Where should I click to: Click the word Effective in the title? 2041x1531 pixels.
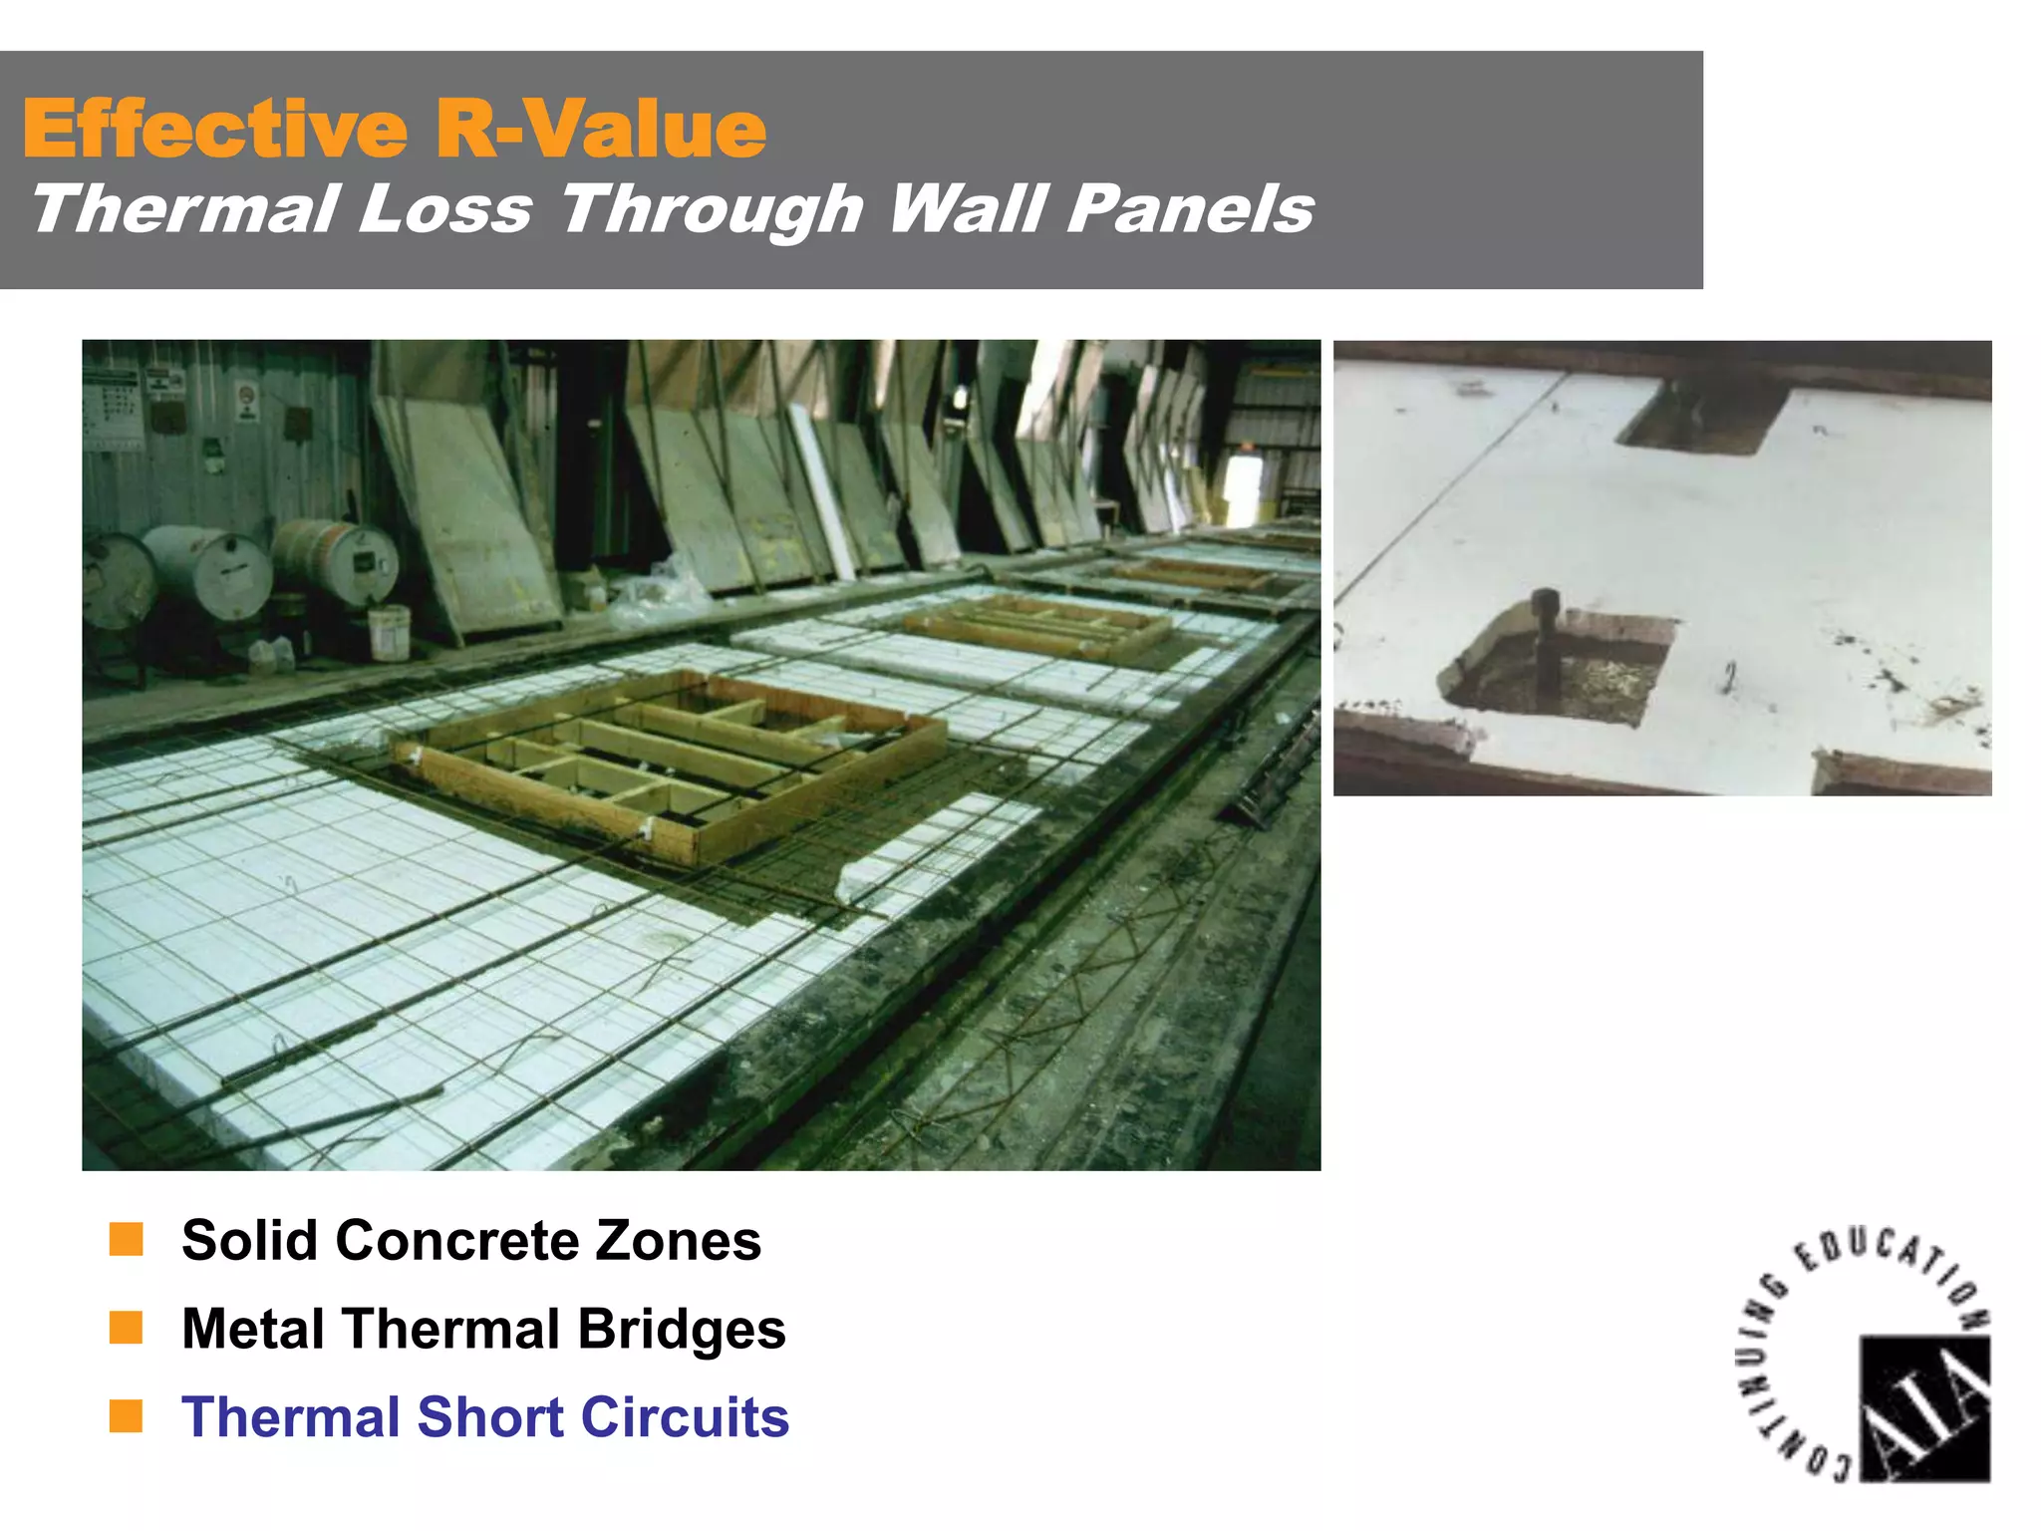point(214,130)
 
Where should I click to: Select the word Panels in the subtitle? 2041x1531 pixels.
point(1190,209)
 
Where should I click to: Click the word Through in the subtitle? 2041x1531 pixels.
point(711,211)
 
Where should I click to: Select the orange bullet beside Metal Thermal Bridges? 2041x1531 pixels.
point(127,1328)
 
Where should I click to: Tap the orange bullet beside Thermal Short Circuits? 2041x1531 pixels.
point(127,1415)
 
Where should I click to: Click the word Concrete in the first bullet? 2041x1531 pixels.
point(457,1241)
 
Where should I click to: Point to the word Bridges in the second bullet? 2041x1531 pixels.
point(682,1330)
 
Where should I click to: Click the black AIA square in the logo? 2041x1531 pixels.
point(1924,1408)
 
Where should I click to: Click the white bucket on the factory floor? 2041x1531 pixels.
point(389,632)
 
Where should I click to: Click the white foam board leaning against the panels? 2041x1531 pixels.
point(823,493)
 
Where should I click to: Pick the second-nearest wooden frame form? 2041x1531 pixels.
point(1036,626)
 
